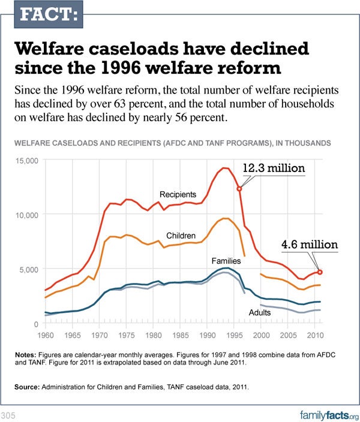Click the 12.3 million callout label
274,168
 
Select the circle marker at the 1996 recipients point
239,189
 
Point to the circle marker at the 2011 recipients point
320,272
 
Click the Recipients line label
178,195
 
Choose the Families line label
226,261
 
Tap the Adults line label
260,313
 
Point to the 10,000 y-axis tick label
27,215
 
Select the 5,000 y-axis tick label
29,269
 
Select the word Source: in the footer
28,388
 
